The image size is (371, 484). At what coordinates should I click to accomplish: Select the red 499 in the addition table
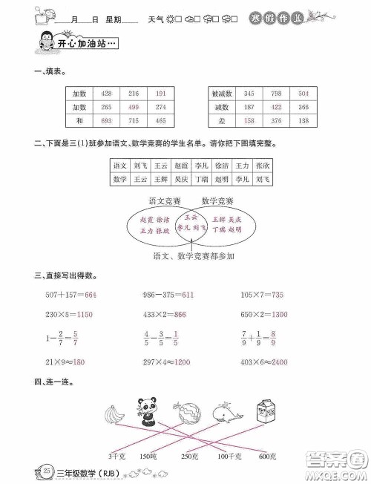click(x=134, y=106)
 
